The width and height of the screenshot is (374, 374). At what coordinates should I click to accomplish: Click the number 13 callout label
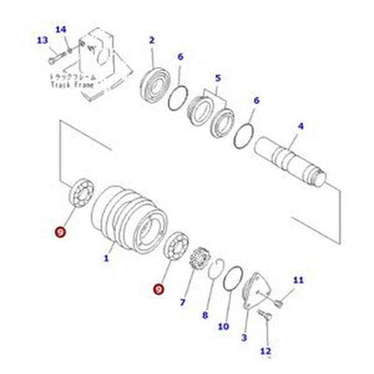point(42,40)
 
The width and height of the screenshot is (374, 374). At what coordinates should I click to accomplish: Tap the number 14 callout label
point(61,30)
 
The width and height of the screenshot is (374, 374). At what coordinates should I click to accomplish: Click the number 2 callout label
point(151,39)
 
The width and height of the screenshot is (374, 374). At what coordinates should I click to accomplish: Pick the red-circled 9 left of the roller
point(61,231)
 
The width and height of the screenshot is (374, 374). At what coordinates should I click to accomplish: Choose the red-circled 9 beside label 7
point(160,290)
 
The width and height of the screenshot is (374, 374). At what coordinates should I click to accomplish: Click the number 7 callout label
point(183,303)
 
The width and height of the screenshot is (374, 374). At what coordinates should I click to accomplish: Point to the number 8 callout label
point(205,316)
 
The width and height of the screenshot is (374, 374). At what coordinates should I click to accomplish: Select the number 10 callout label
point(223,326)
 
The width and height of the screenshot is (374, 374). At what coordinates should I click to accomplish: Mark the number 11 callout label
point(298,280)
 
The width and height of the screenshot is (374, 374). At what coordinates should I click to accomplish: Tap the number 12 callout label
point(265,352)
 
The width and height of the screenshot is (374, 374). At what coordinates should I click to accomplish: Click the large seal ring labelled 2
point(162,81)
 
